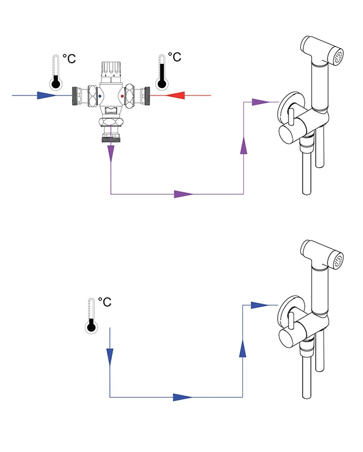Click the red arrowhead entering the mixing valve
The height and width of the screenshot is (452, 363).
pos(176,95)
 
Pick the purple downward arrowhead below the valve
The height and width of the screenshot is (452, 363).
pos(111,153)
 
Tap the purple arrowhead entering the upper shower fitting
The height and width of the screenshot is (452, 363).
pos(259,102)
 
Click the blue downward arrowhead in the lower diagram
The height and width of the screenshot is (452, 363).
pos(110,355)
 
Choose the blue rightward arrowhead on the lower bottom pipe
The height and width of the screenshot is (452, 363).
pos(182,397)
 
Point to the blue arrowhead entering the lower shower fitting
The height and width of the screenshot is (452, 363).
pos(259,305)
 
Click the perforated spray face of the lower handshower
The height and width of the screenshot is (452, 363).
pos(338,261)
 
